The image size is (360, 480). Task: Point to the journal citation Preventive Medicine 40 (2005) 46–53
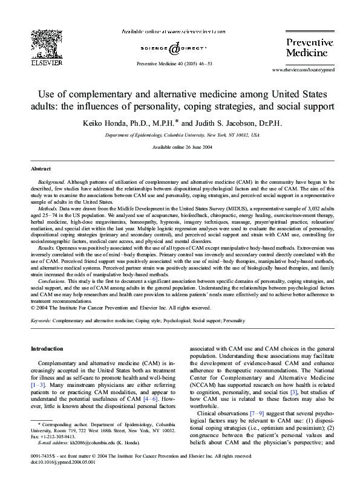pyautogui.click(x=174, y=63)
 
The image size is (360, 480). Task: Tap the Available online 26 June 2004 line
pyautogui.click(x=180, y=148)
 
